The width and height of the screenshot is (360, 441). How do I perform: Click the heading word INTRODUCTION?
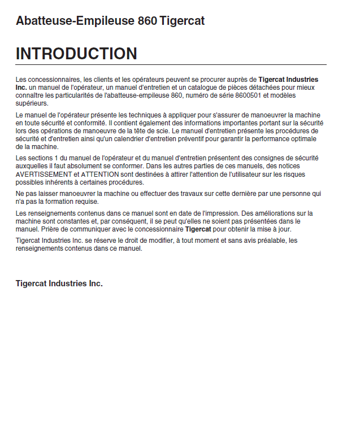click(x=76, y=54)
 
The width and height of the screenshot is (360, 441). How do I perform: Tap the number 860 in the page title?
click(x=147, y=21)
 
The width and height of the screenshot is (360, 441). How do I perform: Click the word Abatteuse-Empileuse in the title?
click(x=75, y=21)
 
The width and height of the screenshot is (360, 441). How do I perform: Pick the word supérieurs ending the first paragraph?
click(x=32, y=103)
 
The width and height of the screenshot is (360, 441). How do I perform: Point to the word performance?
click(x=274, y=139)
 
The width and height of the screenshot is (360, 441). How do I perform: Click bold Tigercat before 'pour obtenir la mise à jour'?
click(x=198, y=229)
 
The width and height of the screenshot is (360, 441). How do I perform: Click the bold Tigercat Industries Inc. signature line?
click(x=59, y=283)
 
